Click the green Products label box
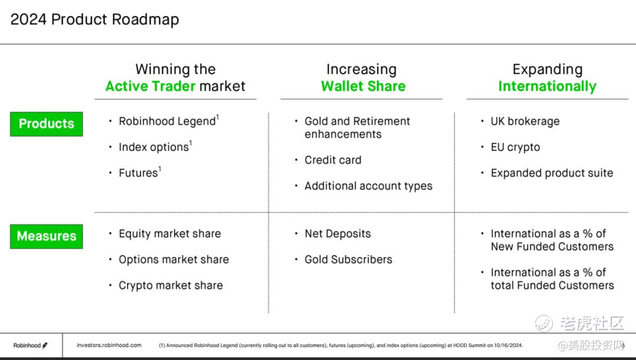47,124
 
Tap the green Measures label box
47,236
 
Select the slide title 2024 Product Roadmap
94,19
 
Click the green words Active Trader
151,86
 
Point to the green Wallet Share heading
363,86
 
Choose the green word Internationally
547,87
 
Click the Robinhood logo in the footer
31,345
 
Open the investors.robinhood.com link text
109,345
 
